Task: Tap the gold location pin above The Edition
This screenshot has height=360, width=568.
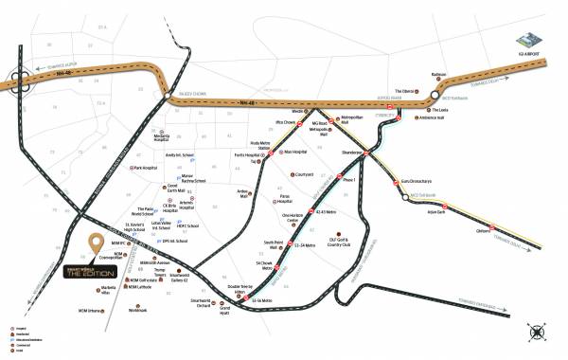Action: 94,243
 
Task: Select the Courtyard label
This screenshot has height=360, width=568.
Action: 304,174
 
